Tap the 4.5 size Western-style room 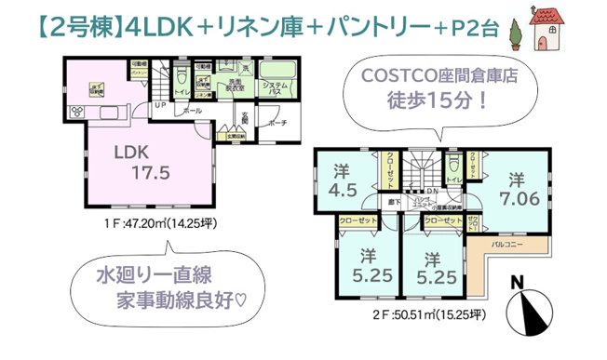[341, 179]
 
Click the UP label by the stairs [160, 104]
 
